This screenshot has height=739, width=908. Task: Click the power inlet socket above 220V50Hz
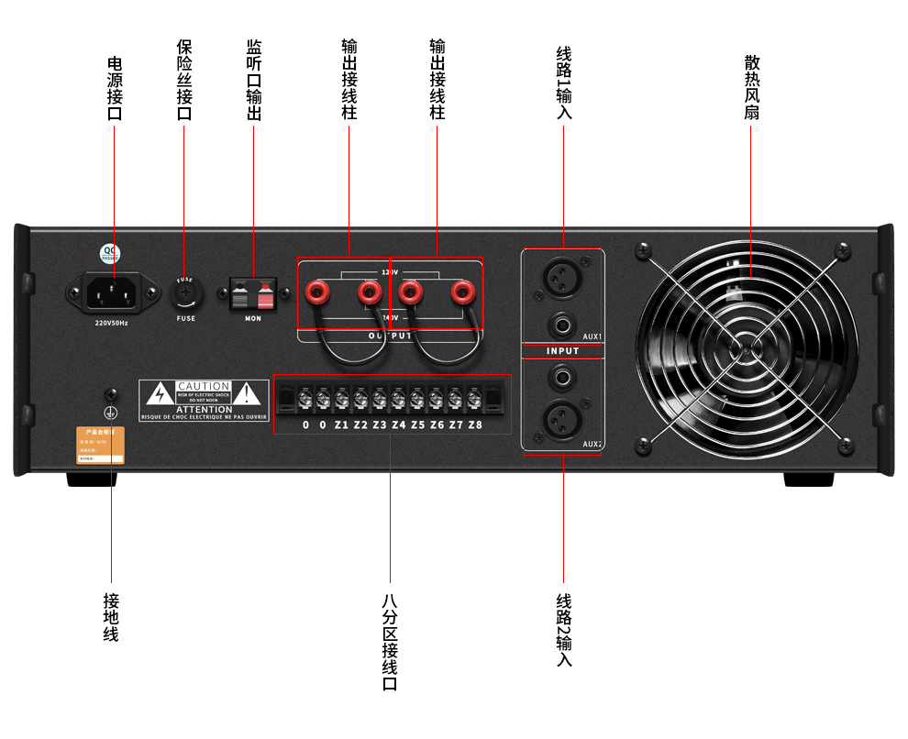[113, 294]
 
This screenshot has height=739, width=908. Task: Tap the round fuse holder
[186, 294]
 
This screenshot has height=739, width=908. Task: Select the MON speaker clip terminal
[253, 296]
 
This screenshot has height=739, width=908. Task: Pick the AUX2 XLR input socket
[561, 421]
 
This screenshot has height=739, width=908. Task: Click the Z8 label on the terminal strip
[474, 425]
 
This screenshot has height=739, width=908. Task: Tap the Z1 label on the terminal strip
[341, 425]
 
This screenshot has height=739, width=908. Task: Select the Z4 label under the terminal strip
[398, 425]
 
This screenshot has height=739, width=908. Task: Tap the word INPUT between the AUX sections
[562, 351]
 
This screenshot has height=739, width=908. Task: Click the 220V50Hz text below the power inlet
[112, 323]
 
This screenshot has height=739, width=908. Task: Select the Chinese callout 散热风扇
[752, 87]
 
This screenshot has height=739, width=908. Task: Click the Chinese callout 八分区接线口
[390, 642]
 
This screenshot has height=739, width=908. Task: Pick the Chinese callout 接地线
[111, 617]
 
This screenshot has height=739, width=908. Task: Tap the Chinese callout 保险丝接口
[184, 80]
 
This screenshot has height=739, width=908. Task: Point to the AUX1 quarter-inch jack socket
[561, 323]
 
